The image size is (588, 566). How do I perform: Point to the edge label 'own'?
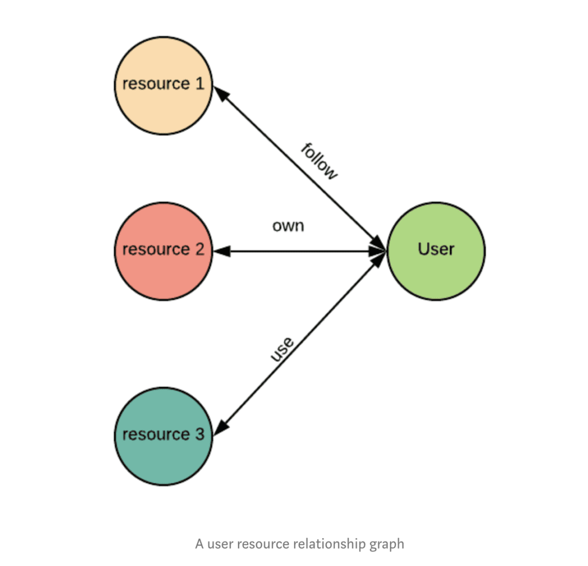(x=288, y=226)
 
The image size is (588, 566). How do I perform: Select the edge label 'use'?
(x=283, y=349)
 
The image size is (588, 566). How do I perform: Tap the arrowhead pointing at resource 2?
(x=222, y=251)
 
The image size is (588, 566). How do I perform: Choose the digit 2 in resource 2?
(x=199, y=249)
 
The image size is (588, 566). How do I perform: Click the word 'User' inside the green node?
(x=436, y=249)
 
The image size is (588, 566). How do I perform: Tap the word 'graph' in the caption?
(x=387, y=544)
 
